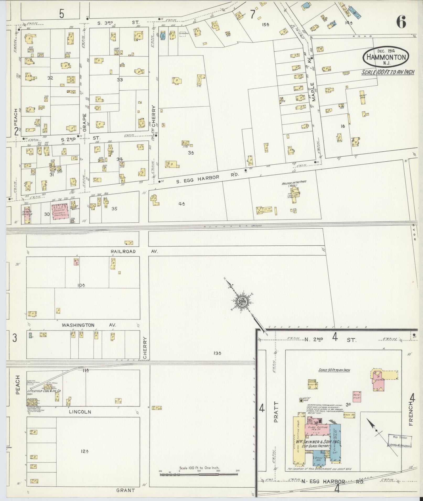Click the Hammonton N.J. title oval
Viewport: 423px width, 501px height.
point(386,57)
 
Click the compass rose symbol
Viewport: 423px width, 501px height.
point(241,302)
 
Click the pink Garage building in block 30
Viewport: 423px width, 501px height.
point(61,212)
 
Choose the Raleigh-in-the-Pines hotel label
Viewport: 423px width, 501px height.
point(294,183)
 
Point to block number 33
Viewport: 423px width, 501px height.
point(120,80)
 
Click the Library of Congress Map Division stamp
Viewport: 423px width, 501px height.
point(400,441)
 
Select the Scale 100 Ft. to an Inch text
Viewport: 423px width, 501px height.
point(388,72)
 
